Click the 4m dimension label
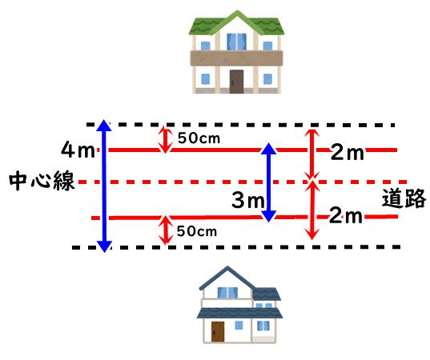point(78,150)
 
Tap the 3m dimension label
point(247,200)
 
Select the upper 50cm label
point(199,138)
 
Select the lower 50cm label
point(197,231)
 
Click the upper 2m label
point(348,152)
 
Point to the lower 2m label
point(346,215)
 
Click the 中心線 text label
point(42,181)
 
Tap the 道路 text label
point(404,198)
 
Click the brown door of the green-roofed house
point(236,82)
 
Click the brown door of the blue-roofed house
point(218,331)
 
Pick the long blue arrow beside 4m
point(104,186)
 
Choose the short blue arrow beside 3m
point(268,182)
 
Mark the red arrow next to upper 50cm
point(165,140)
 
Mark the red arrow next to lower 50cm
point(166,230)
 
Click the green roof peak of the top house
point(237,13)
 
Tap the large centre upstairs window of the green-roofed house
point(237,42)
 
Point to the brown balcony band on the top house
point(236,58)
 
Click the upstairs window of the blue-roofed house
point(227,293)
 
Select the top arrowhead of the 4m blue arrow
point(104,126)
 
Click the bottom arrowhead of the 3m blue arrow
point(269,216)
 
